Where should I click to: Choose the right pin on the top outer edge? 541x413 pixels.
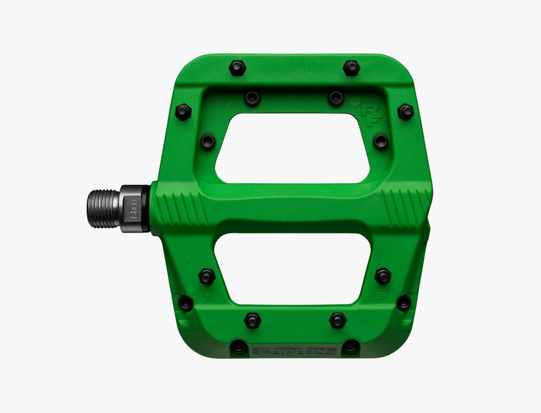point(352,67)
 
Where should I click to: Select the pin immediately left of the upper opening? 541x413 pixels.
point(207,141)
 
